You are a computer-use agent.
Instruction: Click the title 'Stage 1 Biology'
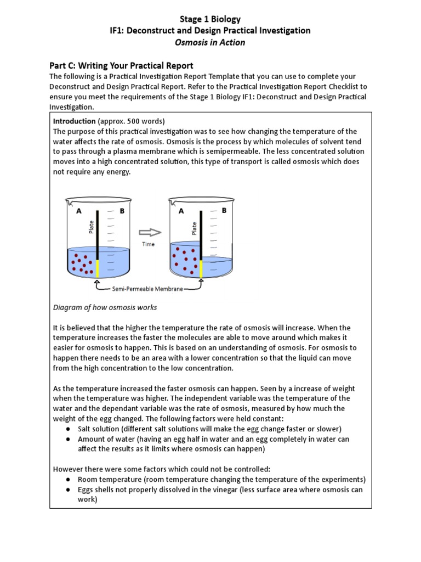(x=210, y=19)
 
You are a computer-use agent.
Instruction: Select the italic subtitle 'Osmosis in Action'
(x=210, y=42)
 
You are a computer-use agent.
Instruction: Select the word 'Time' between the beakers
(x=149, y=244)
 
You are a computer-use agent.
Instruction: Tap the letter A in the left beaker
(x=79, y=211)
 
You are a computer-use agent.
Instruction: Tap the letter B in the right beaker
(x=224, y=210)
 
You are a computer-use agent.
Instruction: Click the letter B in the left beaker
(x=122, y=211)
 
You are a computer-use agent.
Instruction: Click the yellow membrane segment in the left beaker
(x=98, y=269)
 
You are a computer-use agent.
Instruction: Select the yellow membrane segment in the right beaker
(x=201, y=269)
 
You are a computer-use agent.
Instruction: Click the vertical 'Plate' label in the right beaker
(x=194, y=228)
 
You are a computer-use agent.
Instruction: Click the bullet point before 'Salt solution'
(x=67, y=429)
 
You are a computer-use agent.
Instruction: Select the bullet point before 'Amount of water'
(x=67, y=439)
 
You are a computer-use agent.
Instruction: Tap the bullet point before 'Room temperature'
(x=67, y=479)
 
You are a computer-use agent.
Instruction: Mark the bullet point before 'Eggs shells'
(x=67, y=490)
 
